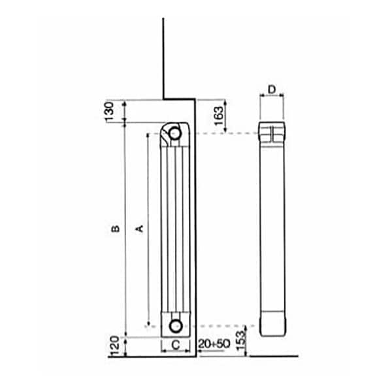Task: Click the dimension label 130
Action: [x=111, y=110]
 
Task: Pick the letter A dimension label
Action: [x=139, y=229]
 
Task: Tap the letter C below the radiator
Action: [x=175, y=344]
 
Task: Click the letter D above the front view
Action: [x=272, y=88]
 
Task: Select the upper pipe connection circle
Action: [x=174, y=134]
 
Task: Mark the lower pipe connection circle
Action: [x=175, y=325]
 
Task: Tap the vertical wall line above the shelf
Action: [x=163, y=59]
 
